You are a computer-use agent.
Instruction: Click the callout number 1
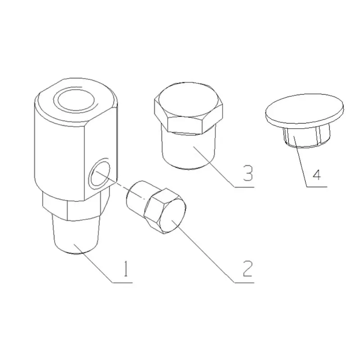click(126, 269)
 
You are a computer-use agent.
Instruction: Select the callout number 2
click(247, 268)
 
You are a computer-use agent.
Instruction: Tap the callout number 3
click(248, 173)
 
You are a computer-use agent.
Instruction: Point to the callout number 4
click(317, 175)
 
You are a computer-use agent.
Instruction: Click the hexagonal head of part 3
click(189, 108)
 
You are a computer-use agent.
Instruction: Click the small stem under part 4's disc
click(306, 135)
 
